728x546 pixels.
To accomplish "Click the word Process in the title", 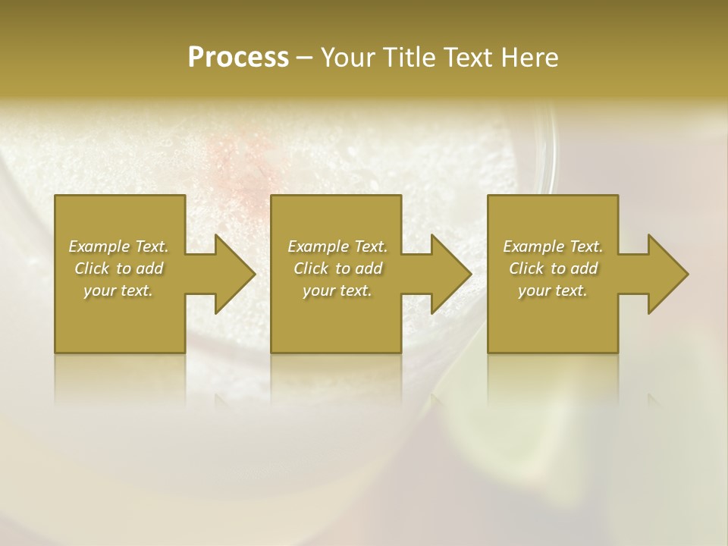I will pyautogui.click(x=238, y=58).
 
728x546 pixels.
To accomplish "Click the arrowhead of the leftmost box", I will pyautogui.click(x=231, y=274).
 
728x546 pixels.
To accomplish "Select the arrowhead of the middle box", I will pyautogui.click(x=447, y=274).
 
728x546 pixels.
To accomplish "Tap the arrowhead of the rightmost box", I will pyautogui.click(x=664, y=274).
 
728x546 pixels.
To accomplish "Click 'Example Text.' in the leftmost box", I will pyautogui.click(x=118, y=246).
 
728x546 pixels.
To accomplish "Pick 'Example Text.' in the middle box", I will pyautogui.click(x=337, y=246).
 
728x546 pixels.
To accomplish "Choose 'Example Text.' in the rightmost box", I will pyautogui.click(x=553, y=246).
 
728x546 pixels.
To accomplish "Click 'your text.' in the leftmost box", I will pyautogui.click(x=118, y=290).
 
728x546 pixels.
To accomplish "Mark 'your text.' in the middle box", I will pyautogui.click(x=337, y=290).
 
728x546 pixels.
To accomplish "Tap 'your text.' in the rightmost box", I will pyautogui.click(x=553, y=290).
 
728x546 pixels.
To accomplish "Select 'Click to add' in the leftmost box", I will pyautogui.click(x=118, y=268).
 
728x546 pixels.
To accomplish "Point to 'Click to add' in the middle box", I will pyautogui.click(x=337, y=268).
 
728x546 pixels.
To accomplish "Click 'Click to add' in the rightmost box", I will pyautogui.click(x=553, y=268).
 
